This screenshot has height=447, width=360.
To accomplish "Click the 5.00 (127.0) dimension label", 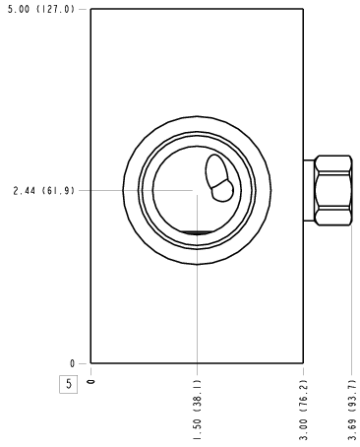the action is pyautogui.click(x=41, y=9).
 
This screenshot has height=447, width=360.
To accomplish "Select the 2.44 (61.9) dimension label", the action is pyautogui.click(x=44, y=191).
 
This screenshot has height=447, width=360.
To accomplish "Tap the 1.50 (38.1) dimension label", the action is pyautogui.click(x=197, y=410).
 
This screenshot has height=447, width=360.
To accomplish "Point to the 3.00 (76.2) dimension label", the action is pyautogui.click(x=304, y=410).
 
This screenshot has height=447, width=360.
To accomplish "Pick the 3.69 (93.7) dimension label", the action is pyautogui.click(x=352, y=410).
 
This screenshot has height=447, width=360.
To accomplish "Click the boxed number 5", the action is pyautogui.click(x=68, y=384).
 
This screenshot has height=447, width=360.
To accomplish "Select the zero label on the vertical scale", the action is pyautogui.click(x=73, y=363).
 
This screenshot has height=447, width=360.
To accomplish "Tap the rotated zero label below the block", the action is pyautogui.click(x=91, y=382).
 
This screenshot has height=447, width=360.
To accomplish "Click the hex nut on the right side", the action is pyautogui.click(x=333, y=190).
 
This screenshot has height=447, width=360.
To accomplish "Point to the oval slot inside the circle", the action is pyautogui.click(x=216, y=170).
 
